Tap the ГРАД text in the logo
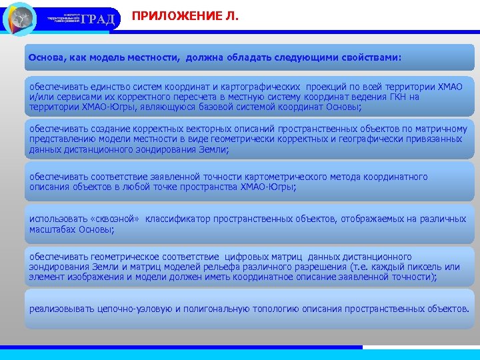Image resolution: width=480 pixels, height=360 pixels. [x=101, y=19]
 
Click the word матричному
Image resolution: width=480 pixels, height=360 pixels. [x=441, y=128]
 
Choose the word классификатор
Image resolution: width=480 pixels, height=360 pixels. [x=177, y=219]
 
